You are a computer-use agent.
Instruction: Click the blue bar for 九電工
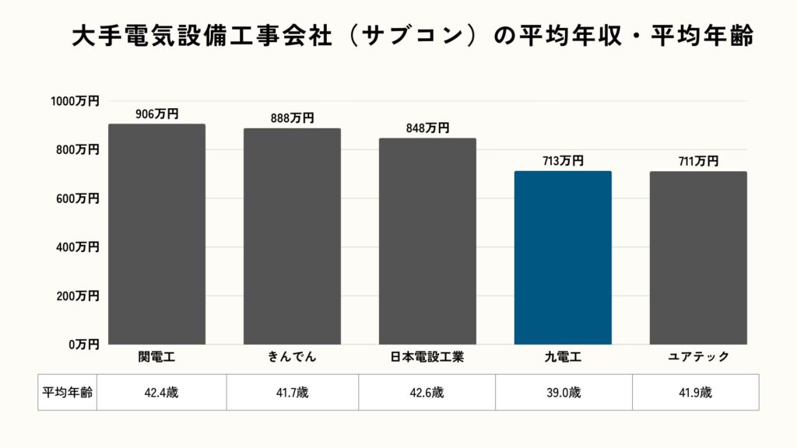563,257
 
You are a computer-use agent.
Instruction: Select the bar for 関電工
156,234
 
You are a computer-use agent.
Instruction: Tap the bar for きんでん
292,236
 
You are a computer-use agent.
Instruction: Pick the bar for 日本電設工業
427,241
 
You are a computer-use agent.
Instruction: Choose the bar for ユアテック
698,257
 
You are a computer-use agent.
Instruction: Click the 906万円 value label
156,114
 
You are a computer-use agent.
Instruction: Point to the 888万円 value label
292,118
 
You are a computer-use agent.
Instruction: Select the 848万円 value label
427,128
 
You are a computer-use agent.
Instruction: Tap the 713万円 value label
563,161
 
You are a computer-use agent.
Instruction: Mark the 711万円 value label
698,161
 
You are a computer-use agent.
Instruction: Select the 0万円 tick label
82,344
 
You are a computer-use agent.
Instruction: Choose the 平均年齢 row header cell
67,393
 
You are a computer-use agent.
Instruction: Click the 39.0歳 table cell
564,393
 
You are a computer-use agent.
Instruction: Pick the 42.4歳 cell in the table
160,393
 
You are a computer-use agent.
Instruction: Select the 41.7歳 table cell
292,393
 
